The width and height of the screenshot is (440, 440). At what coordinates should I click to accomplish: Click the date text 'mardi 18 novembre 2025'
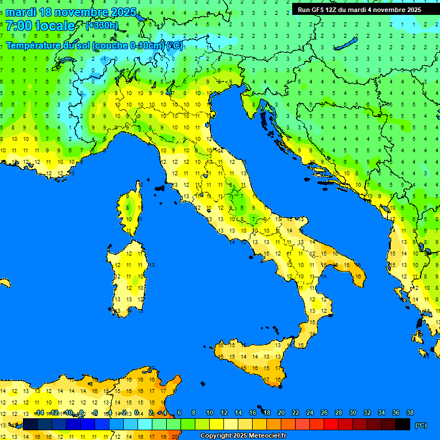71,12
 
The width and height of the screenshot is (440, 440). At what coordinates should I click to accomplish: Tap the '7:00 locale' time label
40,26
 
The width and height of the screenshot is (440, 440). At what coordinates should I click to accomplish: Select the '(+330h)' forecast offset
101,25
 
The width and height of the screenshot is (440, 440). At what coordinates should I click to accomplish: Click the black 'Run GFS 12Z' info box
359,9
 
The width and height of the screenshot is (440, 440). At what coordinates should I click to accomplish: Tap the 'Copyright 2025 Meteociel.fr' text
243,436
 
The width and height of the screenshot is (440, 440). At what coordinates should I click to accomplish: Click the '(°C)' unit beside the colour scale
421,425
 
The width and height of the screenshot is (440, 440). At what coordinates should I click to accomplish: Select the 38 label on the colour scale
410,412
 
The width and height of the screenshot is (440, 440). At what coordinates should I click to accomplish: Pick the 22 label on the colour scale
295,412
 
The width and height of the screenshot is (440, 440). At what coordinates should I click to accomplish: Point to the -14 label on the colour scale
39,412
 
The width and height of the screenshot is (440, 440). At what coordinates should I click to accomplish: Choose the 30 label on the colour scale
352,412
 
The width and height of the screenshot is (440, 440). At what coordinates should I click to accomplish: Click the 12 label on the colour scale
223,412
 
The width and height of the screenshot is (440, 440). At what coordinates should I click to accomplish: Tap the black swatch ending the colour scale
403,425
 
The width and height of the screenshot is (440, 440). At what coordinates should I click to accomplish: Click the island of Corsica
131,209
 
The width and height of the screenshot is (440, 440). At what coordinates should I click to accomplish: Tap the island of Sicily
252,358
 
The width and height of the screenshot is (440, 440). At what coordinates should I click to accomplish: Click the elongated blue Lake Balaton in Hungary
346,44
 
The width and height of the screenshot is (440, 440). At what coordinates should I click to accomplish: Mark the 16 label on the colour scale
252,412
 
